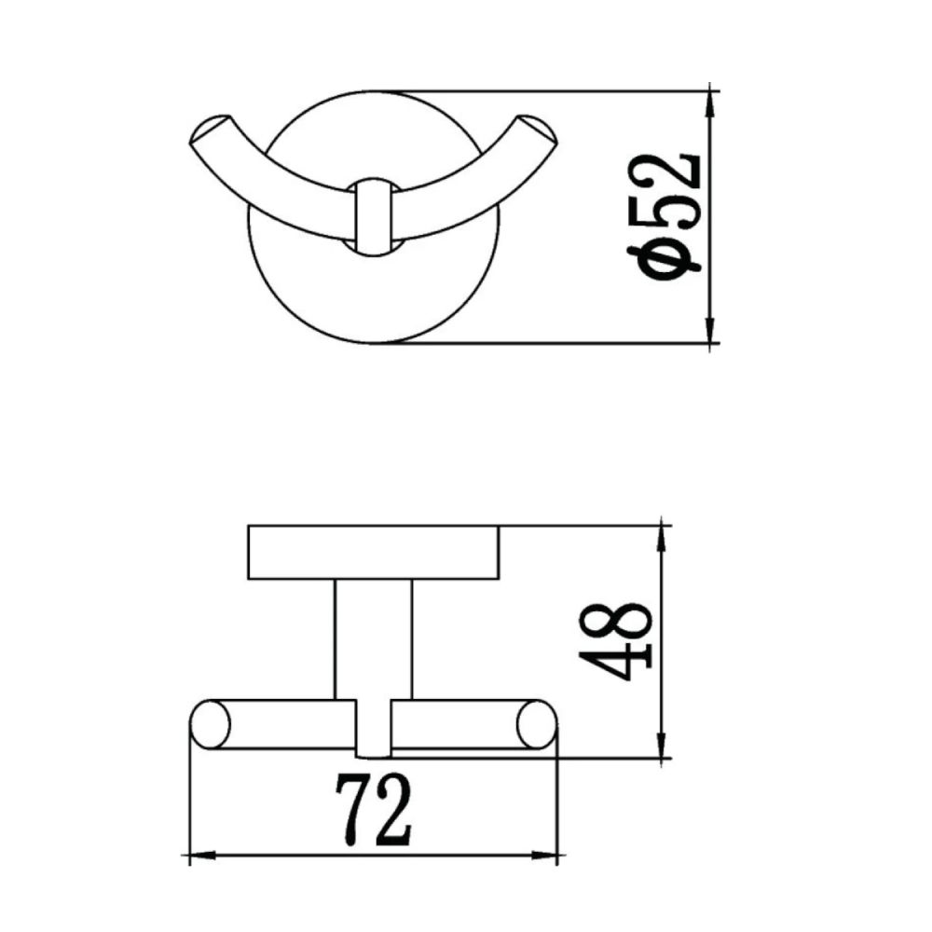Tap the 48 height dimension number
(615, 643)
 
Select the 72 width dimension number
(377, 810)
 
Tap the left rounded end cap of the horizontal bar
(211, 725)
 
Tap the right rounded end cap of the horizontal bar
(535, 725)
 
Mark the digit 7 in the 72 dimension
(352, 810)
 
